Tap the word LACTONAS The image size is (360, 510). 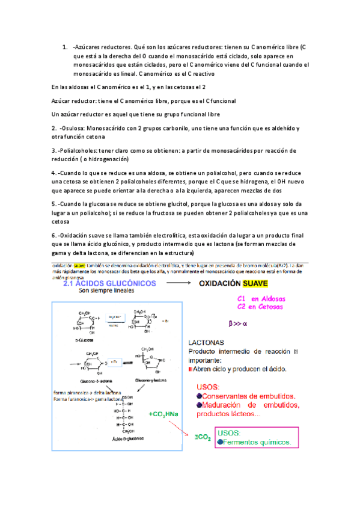tap(208, 342)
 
